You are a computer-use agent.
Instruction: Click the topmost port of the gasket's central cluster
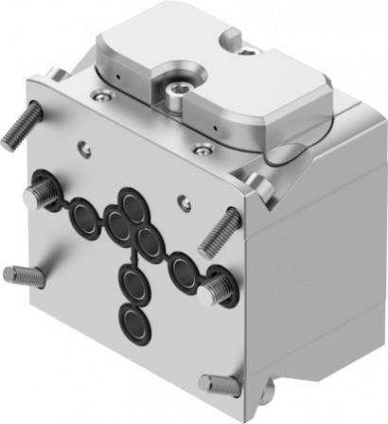coord(131,203)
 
